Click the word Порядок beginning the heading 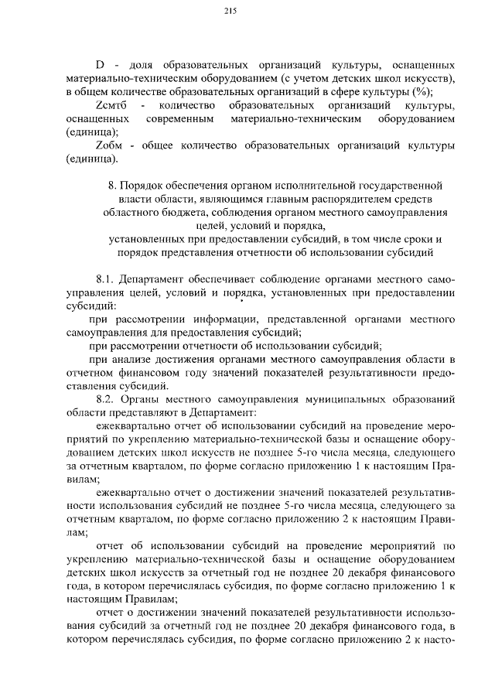pos(146,186)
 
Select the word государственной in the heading pos(398,186)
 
